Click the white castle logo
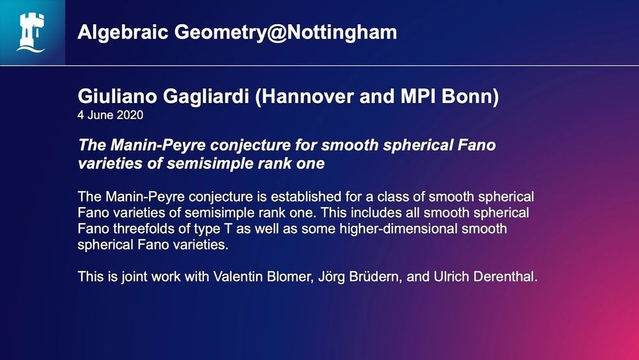[31, 33]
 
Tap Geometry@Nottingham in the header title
[286, 32]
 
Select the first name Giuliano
[118, 96]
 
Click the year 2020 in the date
[130, 115]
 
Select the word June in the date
[100, 115]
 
